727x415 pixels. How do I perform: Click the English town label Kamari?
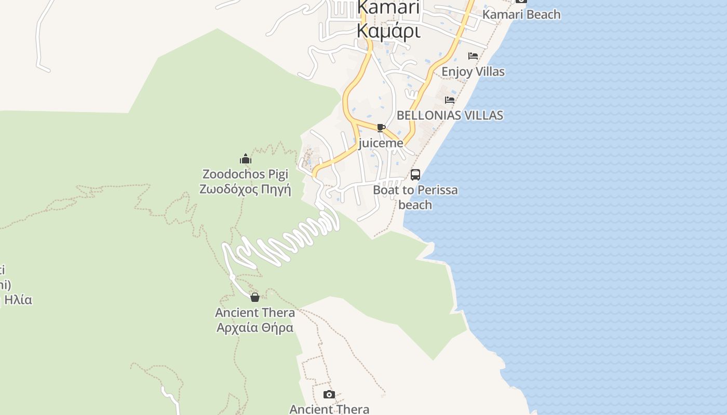388,8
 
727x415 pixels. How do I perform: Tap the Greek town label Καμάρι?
388,31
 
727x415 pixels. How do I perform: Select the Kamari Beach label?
521,15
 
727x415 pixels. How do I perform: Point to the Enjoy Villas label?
473,72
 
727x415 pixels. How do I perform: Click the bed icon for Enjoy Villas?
473,56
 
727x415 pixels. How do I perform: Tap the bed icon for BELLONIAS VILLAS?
450,99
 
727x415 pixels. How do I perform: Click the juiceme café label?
381,143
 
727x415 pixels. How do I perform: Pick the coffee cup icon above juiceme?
381,128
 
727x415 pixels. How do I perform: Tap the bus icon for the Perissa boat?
415,175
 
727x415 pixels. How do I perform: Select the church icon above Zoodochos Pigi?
246,159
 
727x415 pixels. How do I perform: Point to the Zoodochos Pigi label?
245,174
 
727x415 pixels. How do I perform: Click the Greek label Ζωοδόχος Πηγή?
245,189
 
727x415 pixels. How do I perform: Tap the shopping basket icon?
254,297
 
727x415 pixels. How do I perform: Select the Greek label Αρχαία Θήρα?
254,328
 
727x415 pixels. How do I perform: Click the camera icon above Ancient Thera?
329,395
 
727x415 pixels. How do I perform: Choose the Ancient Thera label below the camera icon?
329,409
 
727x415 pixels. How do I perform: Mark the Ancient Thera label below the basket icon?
254,313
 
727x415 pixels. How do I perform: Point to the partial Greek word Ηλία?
19,300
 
